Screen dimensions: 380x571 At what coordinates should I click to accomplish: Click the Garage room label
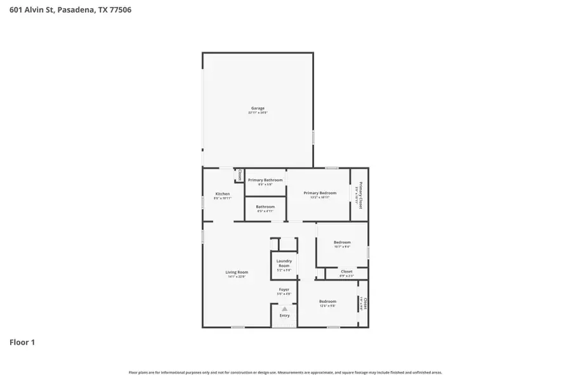coord(258,108)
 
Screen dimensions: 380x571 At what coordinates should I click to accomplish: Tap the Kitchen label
coord(222,194)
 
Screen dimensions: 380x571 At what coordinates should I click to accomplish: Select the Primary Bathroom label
coord(265,180)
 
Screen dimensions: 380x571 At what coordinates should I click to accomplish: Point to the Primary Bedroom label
coord(320,193)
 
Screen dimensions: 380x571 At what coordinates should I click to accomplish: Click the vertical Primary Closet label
coord(360,194)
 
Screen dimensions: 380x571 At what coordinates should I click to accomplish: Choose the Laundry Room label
coord(284,263)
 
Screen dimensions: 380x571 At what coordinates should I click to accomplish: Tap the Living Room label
coord(237,272)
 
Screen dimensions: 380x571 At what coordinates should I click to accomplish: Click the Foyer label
coord(284,289)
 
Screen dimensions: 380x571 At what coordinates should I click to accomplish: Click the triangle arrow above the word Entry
coord(284,309)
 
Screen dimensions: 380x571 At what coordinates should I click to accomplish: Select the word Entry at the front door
coord(284,315)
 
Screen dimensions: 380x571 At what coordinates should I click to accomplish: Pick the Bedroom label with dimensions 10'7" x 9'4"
coord(342,243)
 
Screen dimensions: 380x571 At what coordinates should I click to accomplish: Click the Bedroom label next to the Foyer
coord(327,301)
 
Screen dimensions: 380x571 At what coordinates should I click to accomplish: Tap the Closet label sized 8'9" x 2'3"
coord(346,272)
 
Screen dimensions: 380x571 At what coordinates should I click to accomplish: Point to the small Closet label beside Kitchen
coord(240,175)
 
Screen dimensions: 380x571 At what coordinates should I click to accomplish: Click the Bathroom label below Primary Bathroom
coord(265,207)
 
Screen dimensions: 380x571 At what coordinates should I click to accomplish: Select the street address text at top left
coord(70,10)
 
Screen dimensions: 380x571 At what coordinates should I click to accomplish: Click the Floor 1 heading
coord(22,342)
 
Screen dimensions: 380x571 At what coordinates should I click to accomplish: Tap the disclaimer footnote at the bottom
coord(285,372)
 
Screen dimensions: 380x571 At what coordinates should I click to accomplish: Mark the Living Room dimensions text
coord(237,276)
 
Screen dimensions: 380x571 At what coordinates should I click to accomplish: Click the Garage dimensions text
coord(258,113)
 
